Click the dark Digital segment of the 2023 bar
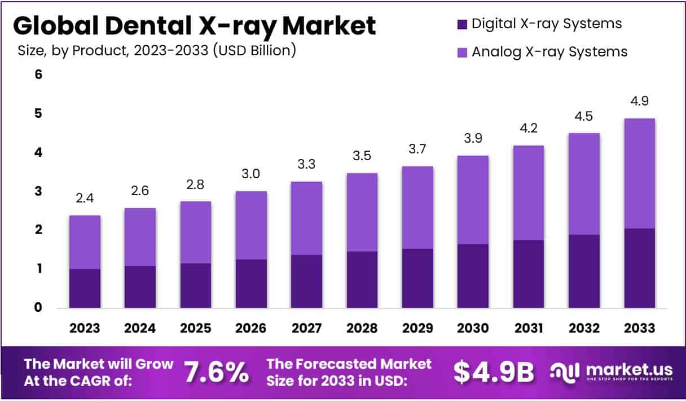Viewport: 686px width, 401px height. click(x=85, y=288)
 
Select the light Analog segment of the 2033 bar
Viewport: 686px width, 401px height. click(x=640, y=173)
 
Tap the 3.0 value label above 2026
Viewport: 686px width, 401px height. click(x=251, y=174)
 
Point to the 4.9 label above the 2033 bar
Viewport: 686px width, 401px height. click(x=640, y=102)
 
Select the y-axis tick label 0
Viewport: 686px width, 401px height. click(x=38, y=308)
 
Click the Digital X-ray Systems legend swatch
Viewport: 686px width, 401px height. click(x=462, y=24)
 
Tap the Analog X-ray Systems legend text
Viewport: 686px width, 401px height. click(x=549, y=52)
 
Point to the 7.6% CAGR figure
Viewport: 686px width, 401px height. click(x=217, y=372)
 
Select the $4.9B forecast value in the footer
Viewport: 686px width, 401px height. click(x=494, y=372)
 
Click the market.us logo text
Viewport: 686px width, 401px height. click(x=629, y=369)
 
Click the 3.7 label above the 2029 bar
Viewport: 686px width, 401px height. click(x=417, y=149)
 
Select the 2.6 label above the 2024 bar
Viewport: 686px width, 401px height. click(x=140, y=191)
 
